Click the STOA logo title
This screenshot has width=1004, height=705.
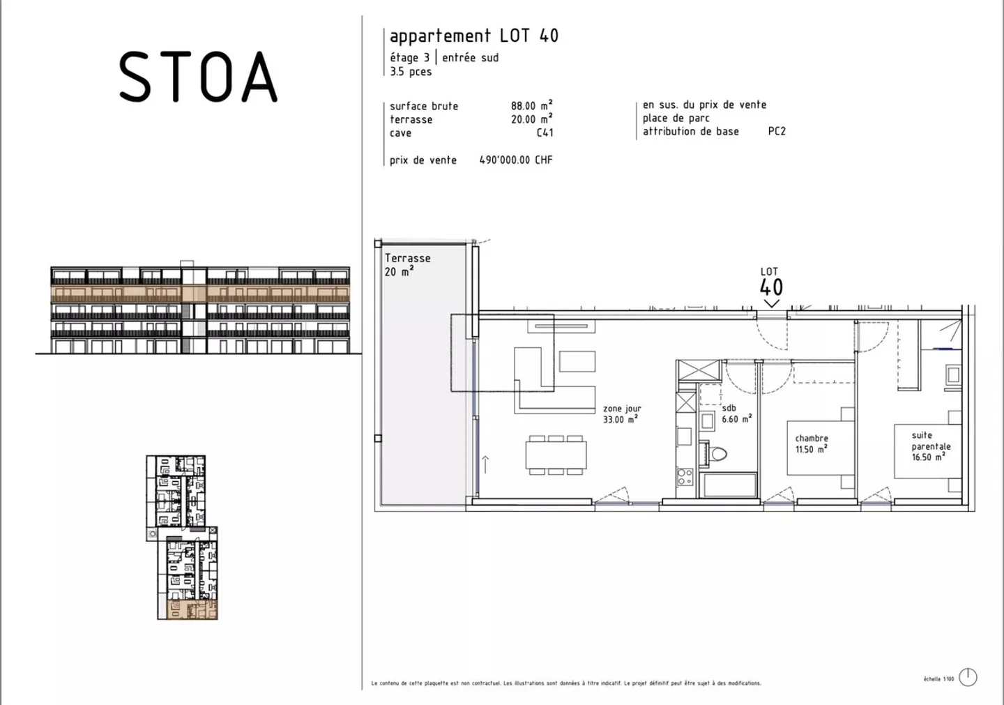198,77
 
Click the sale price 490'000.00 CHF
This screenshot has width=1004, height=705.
515,160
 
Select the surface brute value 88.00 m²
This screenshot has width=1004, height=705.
531,106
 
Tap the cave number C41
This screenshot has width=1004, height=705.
545,132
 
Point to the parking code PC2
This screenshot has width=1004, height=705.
776,131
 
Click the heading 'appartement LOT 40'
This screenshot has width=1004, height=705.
473,36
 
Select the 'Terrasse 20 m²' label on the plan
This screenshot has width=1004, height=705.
407,264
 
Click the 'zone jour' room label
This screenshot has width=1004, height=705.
621,414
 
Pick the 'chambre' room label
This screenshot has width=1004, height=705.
811,444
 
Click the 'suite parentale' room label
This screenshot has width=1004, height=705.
930,446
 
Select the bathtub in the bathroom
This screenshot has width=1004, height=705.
729,485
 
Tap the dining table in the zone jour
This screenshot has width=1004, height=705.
556,455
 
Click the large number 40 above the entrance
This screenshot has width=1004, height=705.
770,287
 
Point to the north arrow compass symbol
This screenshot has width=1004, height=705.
968,676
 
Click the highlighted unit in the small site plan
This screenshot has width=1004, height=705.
192,609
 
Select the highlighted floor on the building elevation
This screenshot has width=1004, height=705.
199,293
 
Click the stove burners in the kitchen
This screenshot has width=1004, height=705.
685,477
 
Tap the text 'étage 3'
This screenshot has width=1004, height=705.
409,58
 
